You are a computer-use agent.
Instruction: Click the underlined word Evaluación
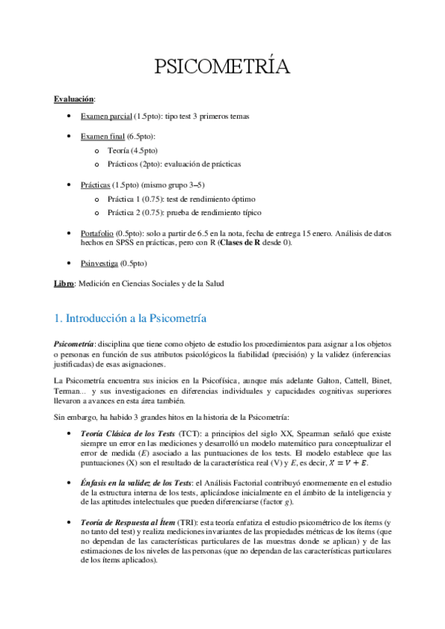click(x=74, y=98)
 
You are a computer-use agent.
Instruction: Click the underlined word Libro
click(x=64, y=283)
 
